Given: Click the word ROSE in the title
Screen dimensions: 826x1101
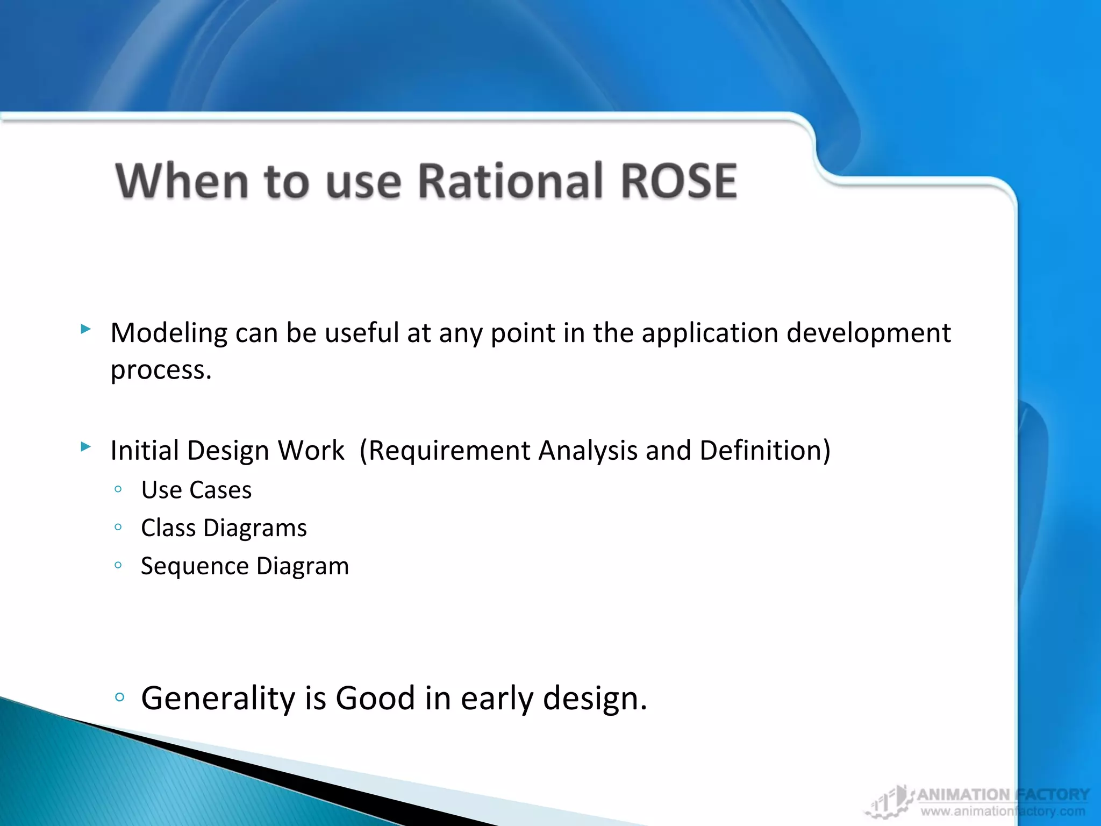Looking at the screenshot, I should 678,181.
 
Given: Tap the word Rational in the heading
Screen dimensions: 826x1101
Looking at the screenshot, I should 510,181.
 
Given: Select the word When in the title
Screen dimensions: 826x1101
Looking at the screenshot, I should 182,181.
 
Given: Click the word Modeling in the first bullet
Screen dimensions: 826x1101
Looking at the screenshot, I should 169,333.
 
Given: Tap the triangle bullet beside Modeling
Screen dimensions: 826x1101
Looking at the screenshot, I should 85,329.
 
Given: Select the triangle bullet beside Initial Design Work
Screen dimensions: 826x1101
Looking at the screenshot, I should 85,446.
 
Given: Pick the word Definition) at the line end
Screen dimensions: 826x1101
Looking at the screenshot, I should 765,451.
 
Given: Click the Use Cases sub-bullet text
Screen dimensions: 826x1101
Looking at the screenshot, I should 196,490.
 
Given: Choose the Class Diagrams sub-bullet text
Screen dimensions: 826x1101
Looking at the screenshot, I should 224,528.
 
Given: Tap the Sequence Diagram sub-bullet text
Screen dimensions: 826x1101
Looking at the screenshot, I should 245,566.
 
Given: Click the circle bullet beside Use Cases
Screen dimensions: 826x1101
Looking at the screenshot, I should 118,489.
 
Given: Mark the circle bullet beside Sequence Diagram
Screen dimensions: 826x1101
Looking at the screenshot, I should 118,565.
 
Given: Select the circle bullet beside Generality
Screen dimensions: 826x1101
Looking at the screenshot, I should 119,697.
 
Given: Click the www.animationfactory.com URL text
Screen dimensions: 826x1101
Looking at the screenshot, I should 1003,811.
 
